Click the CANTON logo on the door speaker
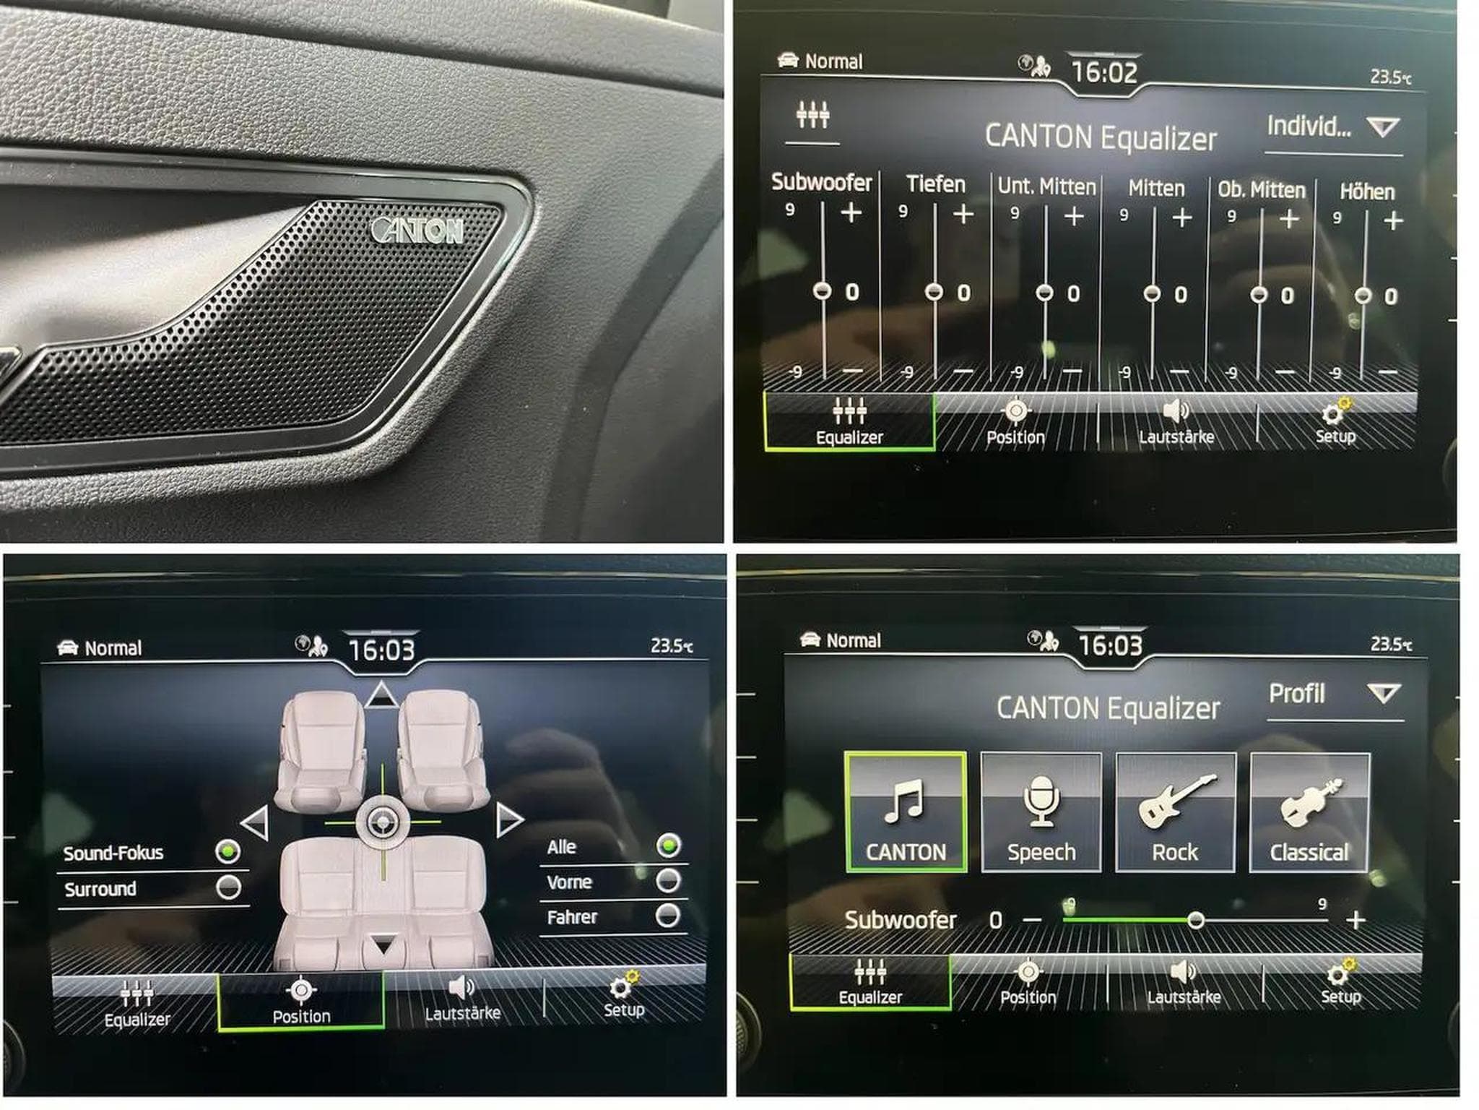[x=417, y=230]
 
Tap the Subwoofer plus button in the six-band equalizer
[x=851, y=212]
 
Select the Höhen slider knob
[x=1363, y=296]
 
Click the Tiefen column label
[x=936, y=184]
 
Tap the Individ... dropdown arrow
[x=1383, y=128]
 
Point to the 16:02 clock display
[x=1104, y=72]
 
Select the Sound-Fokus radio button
[x=228, y=851]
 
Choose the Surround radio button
[x=229, y=887]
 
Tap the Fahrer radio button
[x=667, y=915]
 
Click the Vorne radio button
[x=668, y=880]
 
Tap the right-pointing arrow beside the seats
[x=509, y=820]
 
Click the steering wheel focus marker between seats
[x=382, y=822]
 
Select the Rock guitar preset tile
[x=1175, y=812]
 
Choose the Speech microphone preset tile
[x=1041, y=812]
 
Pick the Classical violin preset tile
[x=1309, y=812]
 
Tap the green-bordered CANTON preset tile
[x=906, y=812]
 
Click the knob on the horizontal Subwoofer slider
[x=1196, y=920]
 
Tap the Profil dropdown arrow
[x=1384, y=694]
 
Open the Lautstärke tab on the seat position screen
[x=463, y=999]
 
